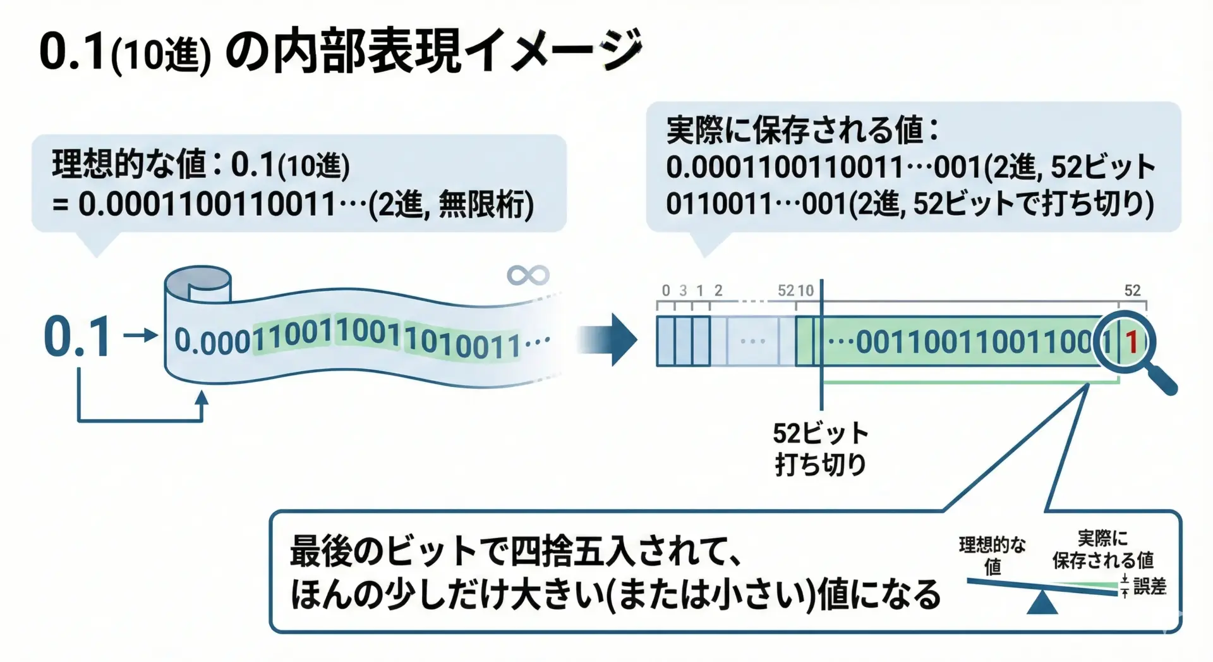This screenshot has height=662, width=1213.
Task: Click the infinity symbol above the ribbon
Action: [528, 275]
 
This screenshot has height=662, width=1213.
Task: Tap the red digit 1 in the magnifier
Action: [1132, 342]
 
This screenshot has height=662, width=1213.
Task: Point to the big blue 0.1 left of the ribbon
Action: [78, 337]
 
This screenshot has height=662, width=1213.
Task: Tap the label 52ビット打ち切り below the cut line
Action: [820, 448]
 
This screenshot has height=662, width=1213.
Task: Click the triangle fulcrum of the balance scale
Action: [1042, 603]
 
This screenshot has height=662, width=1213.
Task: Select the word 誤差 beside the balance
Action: [1149, 586]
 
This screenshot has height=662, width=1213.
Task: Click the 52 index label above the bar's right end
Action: [1132, 290]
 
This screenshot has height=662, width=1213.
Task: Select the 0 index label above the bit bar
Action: [666, 290]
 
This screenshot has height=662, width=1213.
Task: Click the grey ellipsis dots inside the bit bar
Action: [752, 341]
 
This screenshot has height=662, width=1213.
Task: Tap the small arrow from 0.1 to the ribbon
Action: [140, 335]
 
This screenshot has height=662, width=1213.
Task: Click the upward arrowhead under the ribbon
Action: [202, 398]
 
